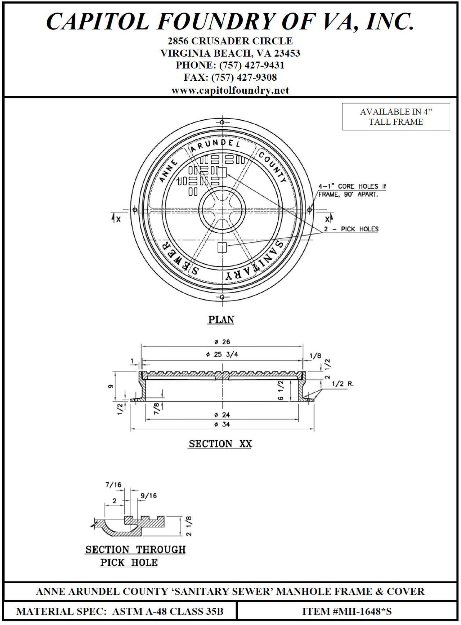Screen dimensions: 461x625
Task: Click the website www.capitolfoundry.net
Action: [x=230, y=90]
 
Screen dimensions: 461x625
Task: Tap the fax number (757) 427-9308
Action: [x=244, y=77]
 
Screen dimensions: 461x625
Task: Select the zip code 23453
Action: [x=287, y=53]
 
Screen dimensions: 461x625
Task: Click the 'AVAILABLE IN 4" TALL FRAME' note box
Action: [x=396, y=117]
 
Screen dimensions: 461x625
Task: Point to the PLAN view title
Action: [x=221, y=320]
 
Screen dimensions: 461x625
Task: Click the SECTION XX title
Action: [x=220, y=443]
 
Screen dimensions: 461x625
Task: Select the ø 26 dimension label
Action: [x=222, y=342]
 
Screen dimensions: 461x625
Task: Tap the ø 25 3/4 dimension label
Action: [x=222, y=354]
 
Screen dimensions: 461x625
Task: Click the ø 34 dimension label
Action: [x=222, y=424]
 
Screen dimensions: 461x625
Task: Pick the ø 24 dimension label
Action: [x=222, y=415]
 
